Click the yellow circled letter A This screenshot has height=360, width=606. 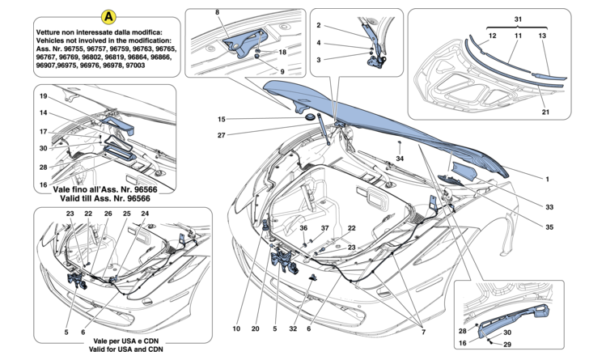coord(107,16)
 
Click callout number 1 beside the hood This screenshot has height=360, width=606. coord(547,178)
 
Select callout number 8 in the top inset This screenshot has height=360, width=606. coord(217,13)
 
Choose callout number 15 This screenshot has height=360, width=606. coord(220,120)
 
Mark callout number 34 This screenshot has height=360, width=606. coord(400,159)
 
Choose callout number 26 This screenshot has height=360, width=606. coord(108,213)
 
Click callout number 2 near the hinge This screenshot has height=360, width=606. coord(319,25)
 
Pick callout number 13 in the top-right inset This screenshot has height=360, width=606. coord(542,36)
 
